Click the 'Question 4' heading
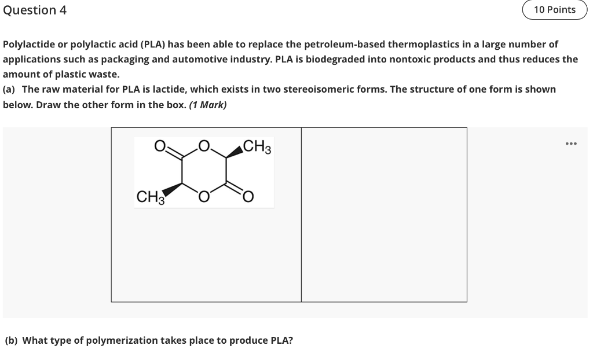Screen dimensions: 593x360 pos(35,10)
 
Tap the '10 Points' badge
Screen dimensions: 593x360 pos(554,10)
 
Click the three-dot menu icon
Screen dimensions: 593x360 pos(572,144)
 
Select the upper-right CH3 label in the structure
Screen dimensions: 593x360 pos(257,146)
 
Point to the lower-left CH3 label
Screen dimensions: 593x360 pos(149,198)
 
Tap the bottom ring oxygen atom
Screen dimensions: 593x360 pos(203,197)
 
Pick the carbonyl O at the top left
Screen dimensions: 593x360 pos(160,145)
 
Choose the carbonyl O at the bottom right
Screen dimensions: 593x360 pos(247,198)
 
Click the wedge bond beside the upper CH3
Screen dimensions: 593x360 pos(234,151)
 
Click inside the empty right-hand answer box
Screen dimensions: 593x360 pos(384,215)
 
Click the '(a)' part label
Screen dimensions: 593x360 pos(9,90)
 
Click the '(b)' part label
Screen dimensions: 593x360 pos(11,340)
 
